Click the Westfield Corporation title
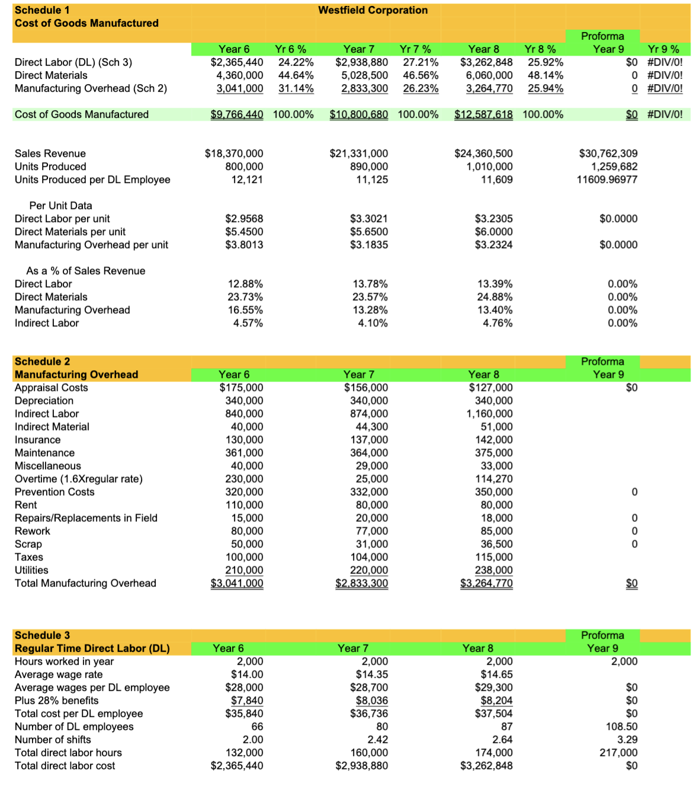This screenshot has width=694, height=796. (x=372, y=10)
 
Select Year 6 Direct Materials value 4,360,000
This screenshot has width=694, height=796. (x=239, y=75)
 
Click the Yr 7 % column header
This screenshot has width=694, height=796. (x=415, y=49)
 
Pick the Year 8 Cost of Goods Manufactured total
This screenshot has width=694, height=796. (x=483, y=114)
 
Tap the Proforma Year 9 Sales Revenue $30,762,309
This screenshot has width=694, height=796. (x=608, y=153)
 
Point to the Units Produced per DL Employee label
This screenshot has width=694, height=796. (x=92, y=179)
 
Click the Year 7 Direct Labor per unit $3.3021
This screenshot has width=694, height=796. (x=369, y=219)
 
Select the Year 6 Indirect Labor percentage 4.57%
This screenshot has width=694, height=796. (x=245, y=323)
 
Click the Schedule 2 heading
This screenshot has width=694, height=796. (x=42, y=361)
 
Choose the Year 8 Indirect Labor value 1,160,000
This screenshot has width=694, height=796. (x=489, y=413)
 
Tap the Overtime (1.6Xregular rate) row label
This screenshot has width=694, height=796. (x=79, y=479)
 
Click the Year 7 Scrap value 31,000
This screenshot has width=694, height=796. (x=372, y=544)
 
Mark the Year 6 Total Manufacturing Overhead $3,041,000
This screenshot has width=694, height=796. (x=237, y=583)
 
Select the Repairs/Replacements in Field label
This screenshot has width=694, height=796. (x=86, y=518)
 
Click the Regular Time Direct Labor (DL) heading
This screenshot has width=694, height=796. (x=92, y=648)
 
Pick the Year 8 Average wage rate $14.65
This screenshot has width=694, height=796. (x=496, y=674)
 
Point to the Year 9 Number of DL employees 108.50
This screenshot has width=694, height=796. (x=622, y=726)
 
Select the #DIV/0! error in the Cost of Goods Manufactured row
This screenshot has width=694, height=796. (x=664, y=114)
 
